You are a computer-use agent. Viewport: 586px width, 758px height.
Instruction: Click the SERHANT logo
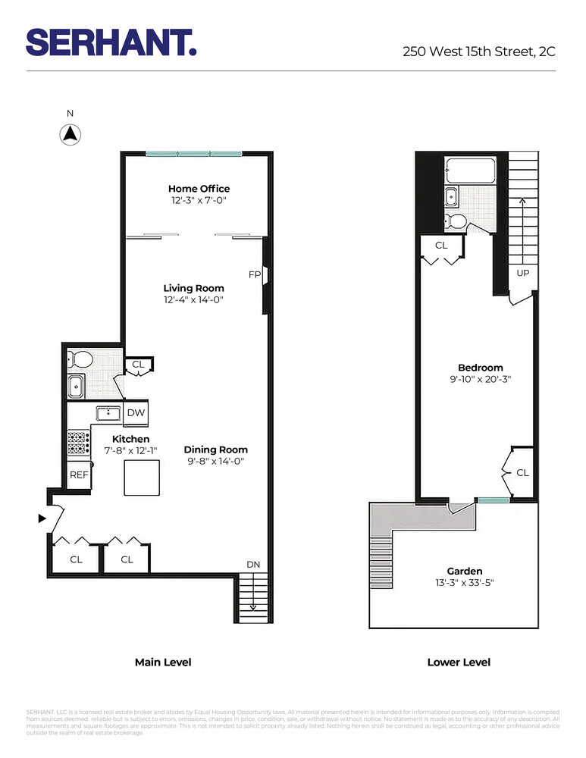111,42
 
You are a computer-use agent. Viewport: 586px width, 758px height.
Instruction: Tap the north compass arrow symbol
70,135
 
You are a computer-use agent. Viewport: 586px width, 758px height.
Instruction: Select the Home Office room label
199,189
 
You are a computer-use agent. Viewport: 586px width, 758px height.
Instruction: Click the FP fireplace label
255,274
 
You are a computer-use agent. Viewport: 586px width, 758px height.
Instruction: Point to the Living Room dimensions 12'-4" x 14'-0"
194,300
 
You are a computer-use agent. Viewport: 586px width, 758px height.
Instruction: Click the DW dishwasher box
136,413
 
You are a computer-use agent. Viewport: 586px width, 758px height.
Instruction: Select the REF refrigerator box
79,475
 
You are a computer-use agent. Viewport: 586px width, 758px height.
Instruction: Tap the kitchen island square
142,478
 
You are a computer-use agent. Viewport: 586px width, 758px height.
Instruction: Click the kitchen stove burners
78,443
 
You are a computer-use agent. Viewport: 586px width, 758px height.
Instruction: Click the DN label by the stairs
254,565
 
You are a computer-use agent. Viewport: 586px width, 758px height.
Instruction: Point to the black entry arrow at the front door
42,518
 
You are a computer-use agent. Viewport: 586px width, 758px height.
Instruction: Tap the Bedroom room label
481,368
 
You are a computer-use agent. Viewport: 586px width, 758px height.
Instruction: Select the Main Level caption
163,662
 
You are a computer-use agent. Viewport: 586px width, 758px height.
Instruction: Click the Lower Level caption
459,662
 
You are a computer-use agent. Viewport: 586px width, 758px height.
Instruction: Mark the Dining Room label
215,449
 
